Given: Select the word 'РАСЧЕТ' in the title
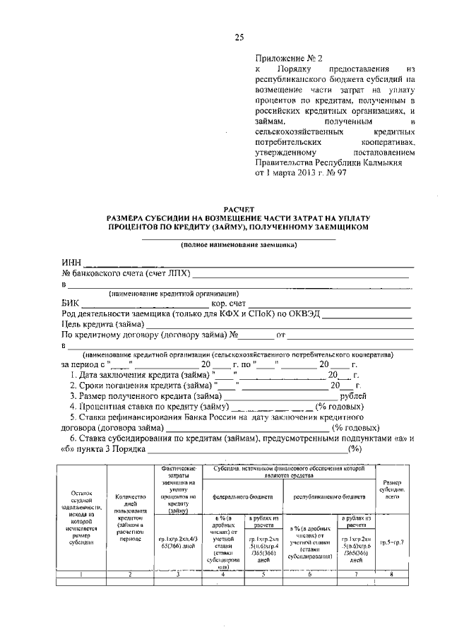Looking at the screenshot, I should click(238, 210).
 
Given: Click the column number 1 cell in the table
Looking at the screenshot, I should click(82, 575).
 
